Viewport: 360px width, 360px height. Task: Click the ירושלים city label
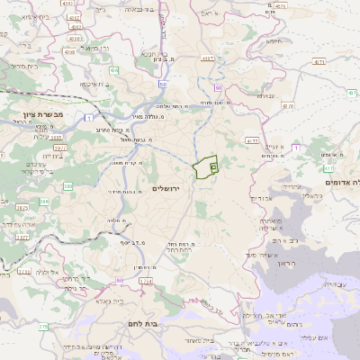pyautogui.click(x=166, y=188)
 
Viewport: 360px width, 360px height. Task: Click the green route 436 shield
pyautogui.click(x=114, y=69)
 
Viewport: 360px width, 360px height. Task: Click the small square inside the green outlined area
pyautogui.click(x=212, y=166)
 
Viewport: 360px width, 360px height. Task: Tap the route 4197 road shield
pyautogui.click(x=208, y=59)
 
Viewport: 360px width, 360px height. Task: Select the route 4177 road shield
pyautogui.click(x=252, y=140)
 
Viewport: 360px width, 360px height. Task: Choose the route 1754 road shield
pyautogui.click(x=146, y=282)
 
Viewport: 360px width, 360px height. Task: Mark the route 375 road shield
pyautogui.click(x=42, y=328)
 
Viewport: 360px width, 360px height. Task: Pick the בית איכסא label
pyautogui.click(x=96, y=83)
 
